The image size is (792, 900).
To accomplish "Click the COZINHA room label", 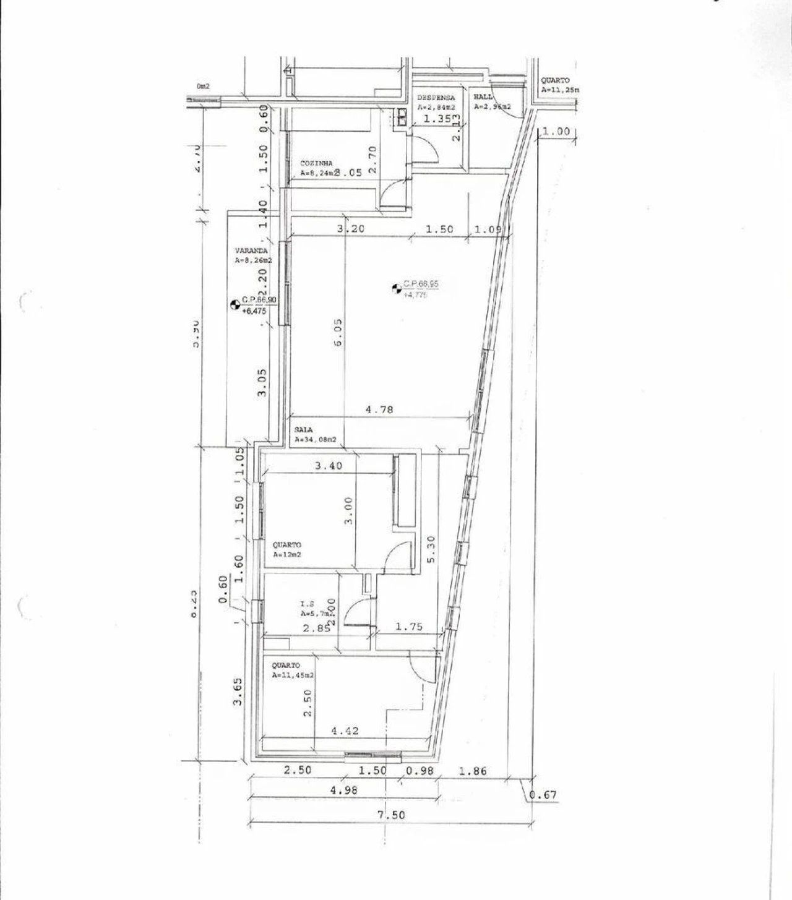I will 316,163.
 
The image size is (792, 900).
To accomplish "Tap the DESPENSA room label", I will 436,98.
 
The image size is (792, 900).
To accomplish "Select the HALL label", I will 483,97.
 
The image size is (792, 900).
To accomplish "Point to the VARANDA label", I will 251,251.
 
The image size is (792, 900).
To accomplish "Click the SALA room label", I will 304,430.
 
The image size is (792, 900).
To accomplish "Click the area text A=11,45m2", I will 293,676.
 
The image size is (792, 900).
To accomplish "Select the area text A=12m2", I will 288,555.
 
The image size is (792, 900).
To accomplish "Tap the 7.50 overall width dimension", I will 391,815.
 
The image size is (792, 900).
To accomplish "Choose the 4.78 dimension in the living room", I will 379,409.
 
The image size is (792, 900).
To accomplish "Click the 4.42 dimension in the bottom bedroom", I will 345,731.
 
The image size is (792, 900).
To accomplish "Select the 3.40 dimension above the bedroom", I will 328,466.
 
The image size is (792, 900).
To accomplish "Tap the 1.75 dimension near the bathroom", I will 408,627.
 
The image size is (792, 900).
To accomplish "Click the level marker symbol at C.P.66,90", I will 235,303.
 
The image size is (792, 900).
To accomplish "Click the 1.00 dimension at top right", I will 555,132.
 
